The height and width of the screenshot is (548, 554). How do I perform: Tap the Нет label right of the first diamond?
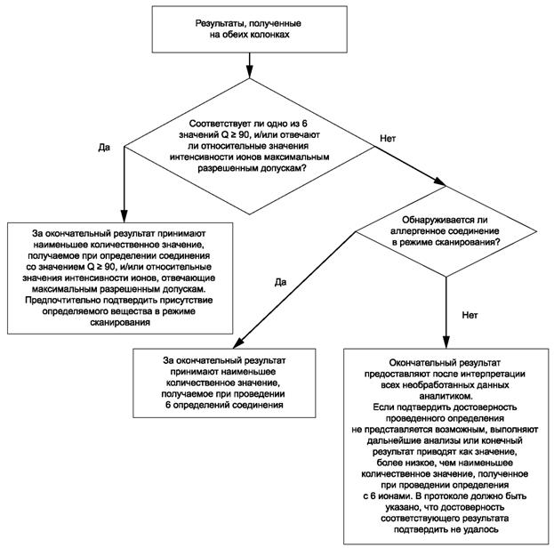click(x=389, y=139)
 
